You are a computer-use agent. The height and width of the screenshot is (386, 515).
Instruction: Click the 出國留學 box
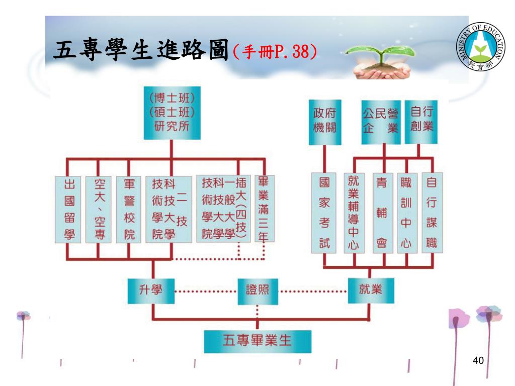(67, 209)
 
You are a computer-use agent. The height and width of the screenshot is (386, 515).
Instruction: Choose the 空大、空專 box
(97, 209)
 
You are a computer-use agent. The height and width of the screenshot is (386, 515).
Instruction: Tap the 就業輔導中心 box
(354, 213)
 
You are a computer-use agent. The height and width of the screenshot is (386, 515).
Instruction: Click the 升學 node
(151, 291)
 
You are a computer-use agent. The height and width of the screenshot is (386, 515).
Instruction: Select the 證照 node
(257, 291)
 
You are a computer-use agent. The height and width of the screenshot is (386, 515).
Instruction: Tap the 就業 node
(371, 291)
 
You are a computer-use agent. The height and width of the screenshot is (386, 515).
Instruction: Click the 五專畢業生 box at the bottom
(257, 342)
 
